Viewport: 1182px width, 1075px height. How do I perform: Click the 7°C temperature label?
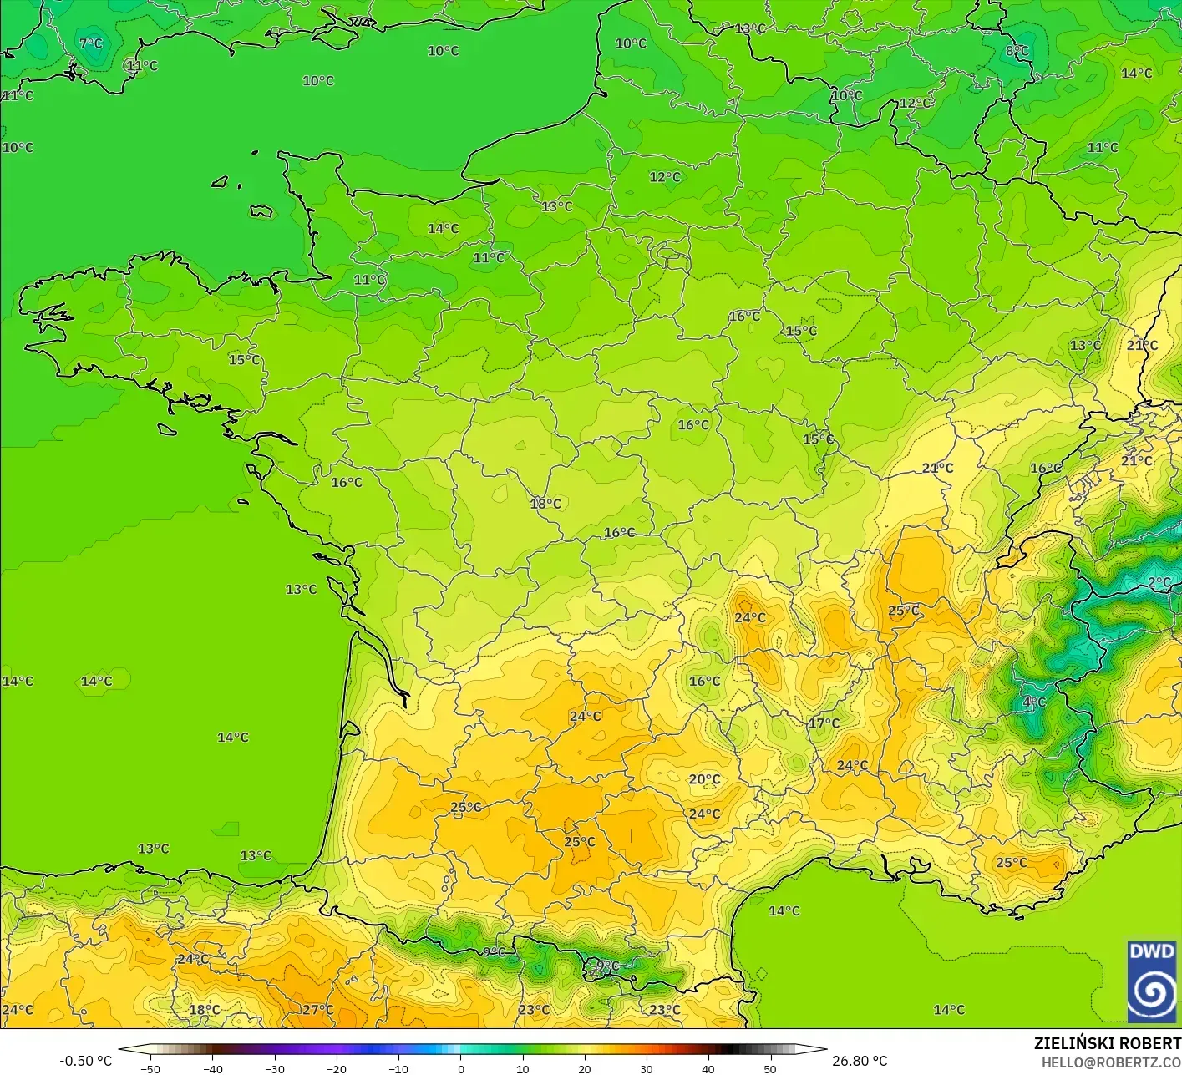[90, 43]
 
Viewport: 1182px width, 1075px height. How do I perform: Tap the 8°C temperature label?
[1017, 51]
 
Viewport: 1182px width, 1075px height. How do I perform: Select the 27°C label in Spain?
[317, 1010]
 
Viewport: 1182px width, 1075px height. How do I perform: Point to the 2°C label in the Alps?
[1159, 582]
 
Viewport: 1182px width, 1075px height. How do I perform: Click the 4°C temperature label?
[1034, 702]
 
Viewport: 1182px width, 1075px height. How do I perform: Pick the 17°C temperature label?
[824, 723]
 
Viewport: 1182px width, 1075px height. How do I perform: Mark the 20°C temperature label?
[704, 779]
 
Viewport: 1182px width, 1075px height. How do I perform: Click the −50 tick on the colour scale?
[150, 1068]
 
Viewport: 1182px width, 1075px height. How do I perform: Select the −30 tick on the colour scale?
[274, 1068]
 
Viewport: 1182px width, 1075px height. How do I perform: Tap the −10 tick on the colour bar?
[398, 1068]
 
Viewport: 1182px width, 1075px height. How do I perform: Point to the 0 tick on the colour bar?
[460, 1068]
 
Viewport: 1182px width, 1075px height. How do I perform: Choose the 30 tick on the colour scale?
[646, 1068]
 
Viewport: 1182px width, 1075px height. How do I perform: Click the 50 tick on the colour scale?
[769, 1068]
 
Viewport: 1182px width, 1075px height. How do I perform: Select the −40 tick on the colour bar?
[212, 1068]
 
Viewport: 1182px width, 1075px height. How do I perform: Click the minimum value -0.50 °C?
[85, 1061]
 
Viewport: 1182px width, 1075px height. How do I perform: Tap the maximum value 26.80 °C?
[860, 1061]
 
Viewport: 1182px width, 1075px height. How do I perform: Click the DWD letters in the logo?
[1151, 951]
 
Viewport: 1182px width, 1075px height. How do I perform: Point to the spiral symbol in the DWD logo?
[1151, 992]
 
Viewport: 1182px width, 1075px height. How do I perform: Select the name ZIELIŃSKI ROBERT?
[1107, 1043]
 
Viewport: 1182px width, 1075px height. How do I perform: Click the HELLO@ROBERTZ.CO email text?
[1111, 1062]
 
